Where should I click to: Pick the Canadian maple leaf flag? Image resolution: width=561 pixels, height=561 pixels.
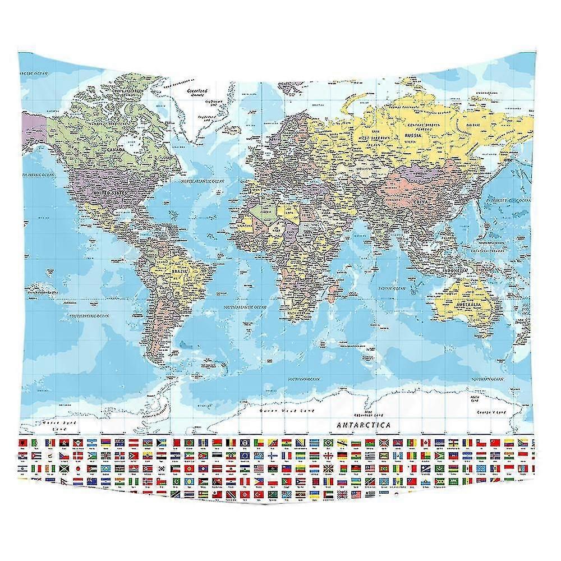point(426,443)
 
